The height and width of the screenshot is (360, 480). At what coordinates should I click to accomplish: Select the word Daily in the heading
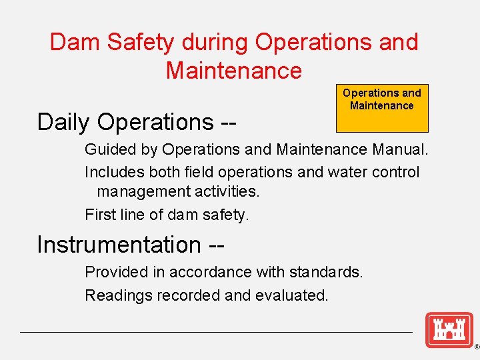[x=63, y=122]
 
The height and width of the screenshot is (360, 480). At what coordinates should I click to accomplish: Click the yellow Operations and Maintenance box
[x=382, y=108]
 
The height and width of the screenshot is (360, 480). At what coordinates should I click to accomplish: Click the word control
[x=396, y=172]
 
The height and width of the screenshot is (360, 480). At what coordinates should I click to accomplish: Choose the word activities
[x=227, y=192]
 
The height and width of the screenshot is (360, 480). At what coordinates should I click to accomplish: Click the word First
[x=99, y=215]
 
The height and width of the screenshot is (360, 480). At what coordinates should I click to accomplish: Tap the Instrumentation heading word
[x=119, y=245]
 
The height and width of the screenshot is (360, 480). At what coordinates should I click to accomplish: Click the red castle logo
[x=449, y=329]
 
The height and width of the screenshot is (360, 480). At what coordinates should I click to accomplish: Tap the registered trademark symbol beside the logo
[x=476, y=347]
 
